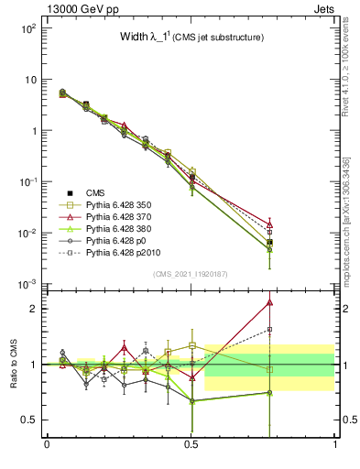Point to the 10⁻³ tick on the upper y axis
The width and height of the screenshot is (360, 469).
pyautogui.click(x=27, y=284)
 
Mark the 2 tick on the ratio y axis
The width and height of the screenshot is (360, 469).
pyautogui.click(x=34, y=309)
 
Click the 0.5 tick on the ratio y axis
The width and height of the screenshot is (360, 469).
pyautogui.click(x=30, y=420)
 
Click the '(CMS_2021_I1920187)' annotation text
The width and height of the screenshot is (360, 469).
pyautogui.click(x=191, y=274)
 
